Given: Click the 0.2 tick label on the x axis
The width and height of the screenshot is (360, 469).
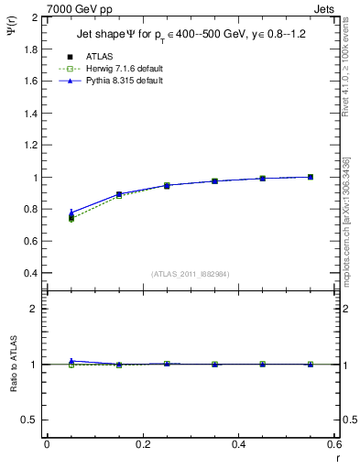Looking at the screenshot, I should [x=142, y=444].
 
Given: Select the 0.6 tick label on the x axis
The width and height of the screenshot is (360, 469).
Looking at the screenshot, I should [x=334, y=444].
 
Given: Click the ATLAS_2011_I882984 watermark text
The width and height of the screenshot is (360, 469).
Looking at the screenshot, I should [x=190, y=273].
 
